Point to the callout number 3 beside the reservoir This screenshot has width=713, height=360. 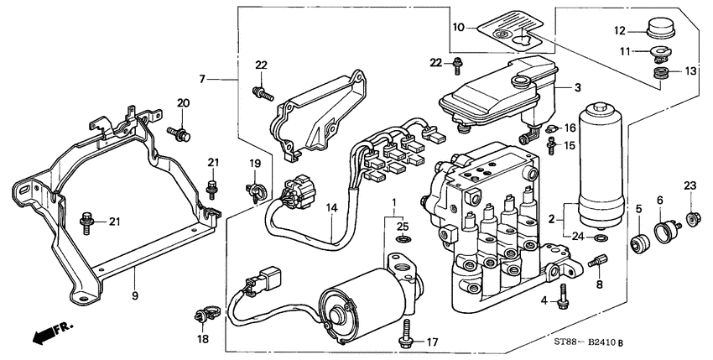(576, 86)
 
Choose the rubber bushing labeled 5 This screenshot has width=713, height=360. (642, 244)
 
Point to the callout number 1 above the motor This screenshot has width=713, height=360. (392, 204)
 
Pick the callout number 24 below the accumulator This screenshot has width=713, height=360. (578, 237)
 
